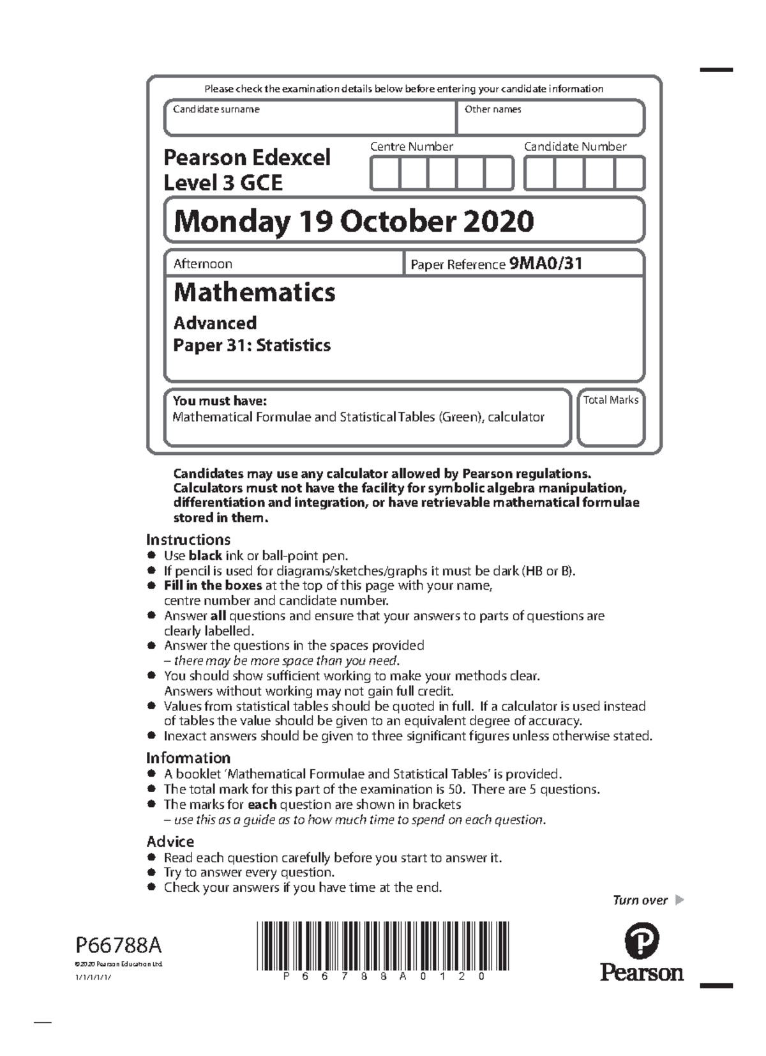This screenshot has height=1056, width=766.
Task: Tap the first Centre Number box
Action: [385, 173]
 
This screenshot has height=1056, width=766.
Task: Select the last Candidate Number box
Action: [629, 173]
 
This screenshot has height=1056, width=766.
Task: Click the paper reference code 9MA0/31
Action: [546, 263]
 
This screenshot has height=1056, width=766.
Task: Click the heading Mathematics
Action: [254, 293]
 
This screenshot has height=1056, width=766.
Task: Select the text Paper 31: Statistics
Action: [252, 345]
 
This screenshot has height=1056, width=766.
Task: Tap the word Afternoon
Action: [202, 263]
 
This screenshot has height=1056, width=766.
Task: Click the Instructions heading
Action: [188, 539]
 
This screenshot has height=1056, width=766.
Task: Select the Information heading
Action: [188, 758]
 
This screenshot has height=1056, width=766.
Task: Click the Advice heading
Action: [170, 841]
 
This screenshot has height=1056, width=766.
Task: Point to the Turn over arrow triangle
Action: [679, 900]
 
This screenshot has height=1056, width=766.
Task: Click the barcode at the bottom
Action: [383, 946]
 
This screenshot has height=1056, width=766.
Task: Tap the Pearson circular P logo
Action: [641, 941]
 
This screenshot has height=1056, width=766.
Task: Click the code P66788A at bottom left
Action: [119, 944]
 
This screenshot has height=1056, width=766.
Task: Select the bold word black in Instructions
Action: [205, 556]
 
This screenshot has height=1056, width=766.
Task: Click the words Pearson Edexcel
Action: [246, 157]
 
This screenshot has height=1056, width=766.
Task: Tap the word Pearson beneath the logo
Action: [641, 973]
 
